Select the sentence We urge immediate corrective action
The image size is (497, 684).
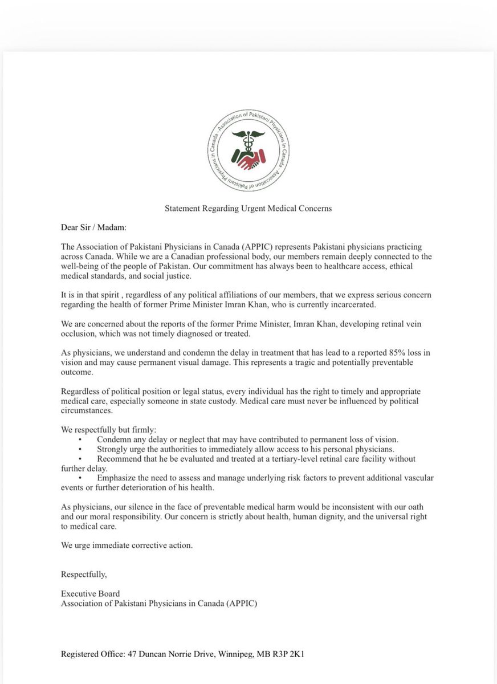coord(127,545)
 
